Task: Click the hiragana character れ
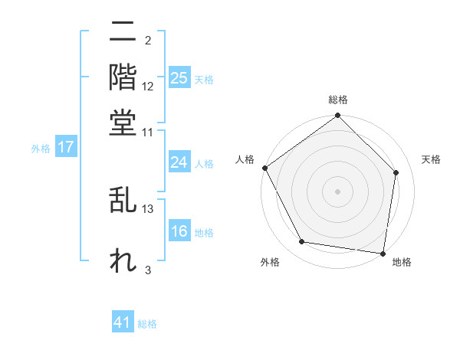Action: pos(123,259)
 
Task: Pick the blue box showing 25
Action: pos(179,77)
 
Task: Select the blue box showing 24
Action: pos(179,162)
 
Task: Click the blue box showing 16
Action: pos(179,231)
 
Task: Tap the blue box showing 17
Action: pos(66,147)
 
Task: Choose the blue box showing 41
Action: pos(123,322)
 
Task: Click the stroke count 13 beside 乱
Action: pos(148,208)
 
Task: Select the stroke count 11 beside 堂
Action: pos(148,132)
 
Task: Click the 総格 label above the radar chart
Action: pos(338,100)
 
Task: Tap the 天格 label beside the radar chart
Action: pos(432,159)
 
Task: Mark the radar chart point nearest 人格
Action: pos(265,168)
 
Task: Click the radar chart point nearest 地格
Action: pos(383,252)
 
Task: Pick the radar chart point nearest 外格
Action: pos(302,242)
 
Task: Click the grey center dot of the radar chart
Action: pos(338,191)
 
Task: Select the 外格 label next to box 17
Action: pos(41,149)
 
